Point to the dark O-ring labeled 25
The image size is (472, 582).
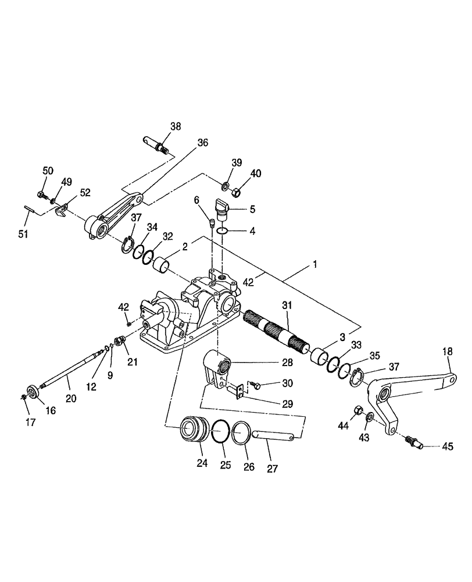(x=220, y=434)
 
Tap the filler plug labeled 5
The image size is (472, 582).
(x=223, y=205)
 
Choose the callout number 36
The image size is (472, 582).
(x=202, y=142)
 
